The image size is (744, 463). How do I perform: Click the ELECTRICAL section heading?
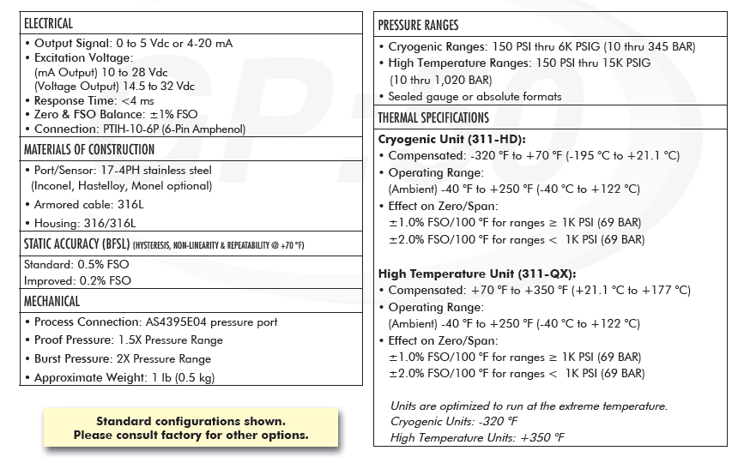[49, 23]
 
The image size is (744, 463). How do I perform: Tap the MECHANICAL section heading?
[51, 302]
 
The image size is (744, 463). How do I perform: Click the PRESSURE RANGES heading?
[418, 26]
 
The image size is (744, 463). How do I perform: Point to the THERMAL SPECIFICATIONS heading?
[433, 117]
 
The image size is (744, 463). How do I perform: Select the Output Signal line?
[133, 43]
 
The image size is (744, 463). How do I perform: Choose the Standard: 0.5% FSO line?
[77, 265]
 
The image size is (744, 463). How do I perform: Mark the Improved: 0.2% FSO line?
[77, 280]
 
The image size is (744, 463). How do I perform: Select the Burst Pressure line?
[122, 359]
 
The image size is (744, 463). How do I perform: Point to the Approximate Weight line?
[124, 378]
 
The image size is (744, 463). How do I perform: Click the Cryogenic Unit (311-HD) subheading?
[451, 139]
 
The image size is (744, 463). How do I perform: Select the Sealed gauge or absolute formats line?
[475, 97]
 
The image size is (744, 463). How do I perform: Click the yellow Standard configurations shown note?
[191, 428]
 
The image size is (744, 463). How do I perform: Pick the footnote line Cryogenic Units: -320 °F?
[454, 422]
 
